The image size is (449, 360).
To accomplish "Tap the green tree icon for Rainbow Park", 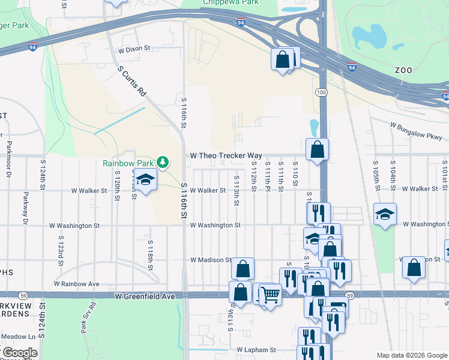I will (162, 162).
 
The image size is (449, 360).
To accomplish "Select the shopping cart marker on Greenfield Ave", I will (270, 295).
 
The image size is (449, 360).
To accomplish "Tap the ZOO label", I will (403, 70).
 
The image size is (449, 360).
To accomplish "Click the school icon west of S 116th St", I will (145, 179).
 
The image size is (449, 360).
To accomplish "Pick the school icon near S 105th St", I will (385, 214).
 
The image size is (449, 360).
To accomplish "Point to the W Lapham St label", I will (256, 349).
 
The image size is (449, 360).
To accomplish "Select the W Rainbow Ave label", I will (76, 283).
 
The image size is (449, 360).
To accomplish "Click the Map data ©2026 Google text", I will (411, 355).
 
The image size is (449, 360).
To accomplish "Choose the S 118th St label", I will (150, 253).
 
